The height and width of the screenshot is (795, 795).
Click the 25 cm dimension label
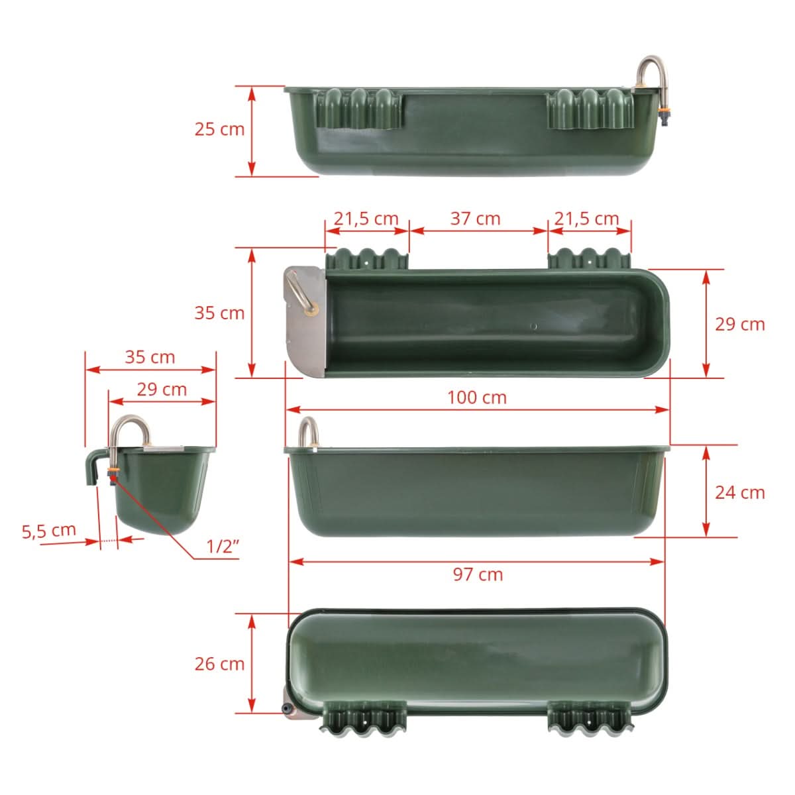click(219, 129)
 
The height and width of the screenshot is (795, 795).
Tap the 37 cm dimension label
click(475, 218)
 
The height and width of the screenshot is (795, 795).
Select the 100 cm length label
click(476, 397)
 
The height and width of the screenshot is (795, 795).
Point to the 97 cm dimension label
click(478, 574)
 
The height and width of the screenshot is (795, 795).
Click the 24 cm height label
click(739, 492)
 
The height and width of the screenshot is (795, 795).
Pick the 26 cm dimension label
click(219, 663)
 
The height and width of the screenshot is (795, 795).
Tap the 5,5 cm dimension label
click(49, 531)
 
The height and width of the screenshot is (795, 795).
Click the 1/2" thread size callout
click(223, 547)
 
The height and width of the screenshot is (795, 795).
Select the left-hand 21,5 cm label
click(366, 218)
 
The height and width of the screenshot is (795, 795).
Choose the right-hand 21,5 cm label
click(586, 218)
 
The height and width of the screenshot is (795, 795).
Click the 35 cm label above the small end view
click(150, 357)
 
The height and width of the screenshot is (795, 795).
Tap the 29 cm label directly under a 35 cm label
click(162, 390)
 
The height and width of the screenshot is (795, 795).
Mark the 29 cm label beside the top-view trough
click(739, 324)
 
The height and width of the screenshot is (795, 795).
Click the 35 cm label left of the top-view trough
click(219, 313)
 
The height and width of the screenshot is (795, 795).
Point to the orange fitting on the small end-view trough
click(113, 474)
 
